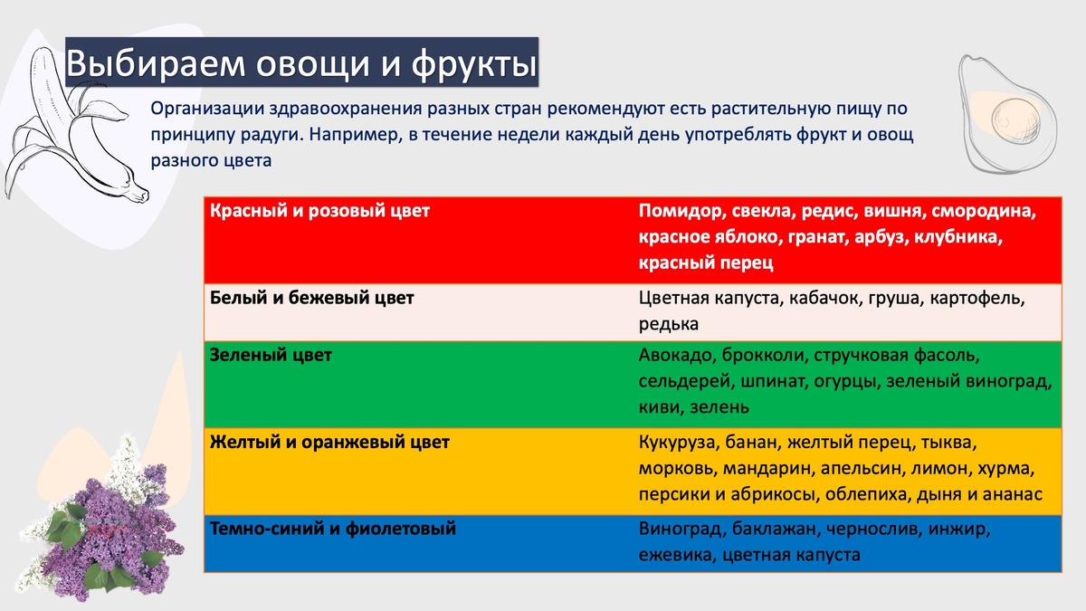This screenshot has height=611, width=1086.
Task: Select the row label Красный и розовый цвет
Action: tap(319, 211)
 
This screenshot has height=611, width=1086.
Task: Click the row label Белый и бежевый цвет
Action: tap(311, 298)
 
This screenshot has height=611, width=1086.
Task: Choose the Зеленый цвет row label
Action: tap(271, 355)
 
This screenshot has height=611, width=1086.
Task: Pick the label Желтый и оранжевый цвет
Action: tap(329, 442)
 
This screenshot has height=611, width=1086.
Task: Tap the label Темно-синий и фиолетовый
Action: tap(333, 528)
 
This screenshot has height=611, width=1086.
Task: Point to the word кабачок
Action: tap(824, 298)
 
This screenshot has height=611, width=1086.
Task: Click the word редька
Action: tap(669, 324)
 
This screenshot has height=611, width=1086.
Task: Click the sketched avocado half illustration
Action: tap(1008, 113)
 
